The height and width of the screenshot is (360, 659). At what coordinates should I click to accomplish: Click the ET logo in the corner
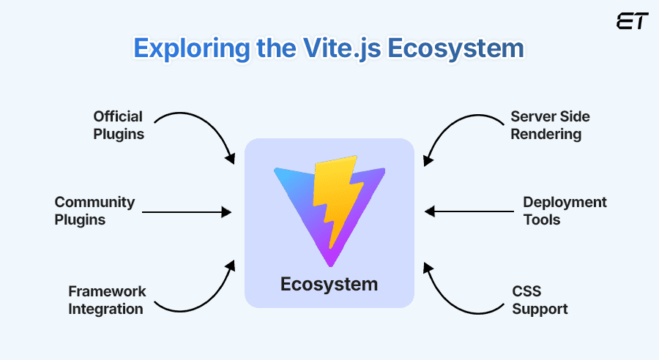click(632, 21)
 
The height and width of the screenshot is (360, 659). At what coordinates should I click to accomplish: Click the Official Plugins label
click(118, 125)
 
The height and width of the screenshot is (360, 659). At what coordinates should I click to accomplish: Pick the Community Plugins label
click(94, 211)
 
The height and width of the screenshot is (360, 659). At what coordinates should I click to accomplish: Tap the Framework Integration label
click(107, 300)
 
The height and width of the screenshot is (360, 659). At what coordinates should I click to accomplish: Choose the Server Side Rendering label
click(550, 125)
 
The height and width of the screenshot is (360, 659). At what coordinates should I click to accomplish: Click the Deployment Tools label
click(565, 211)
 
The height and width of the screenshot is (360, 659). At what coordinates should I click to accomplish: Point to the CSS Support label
click(540, 300)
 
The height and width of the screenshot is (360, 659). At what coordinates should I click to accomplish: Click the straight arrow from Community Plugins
click(187, 212)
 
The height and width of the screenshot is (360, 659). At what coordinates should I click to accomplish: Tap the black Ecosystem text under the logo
click(329, 284)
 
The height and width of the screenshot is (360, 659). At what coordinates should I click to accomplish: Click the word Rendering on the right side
click(546, 134)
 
